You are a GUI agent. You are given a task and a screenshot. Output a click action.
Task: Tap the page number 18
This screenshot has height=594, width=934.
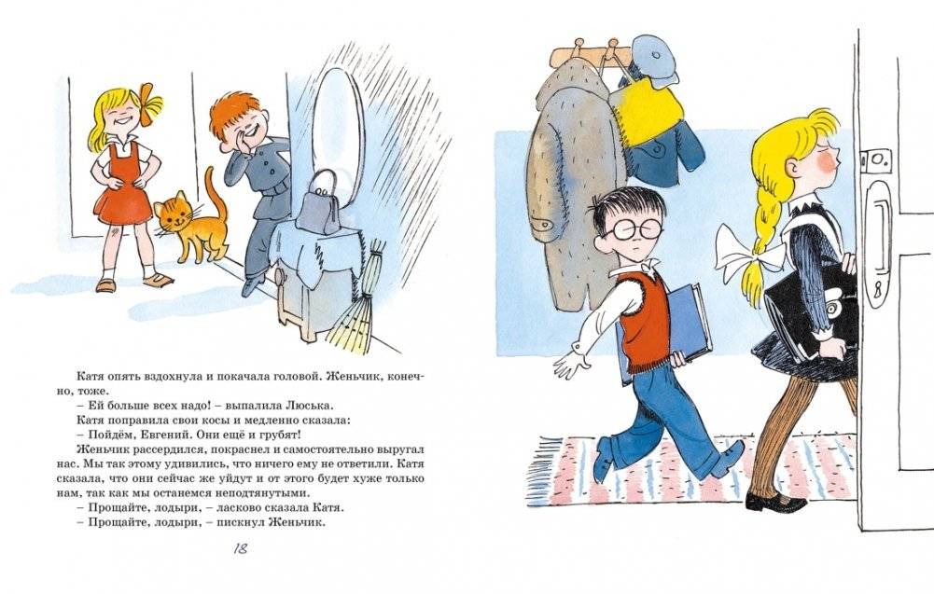click(x=240, y=548)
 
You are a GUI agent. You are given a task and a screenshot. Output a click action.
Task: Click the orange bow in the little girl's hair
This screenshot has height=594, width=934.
click(x=149, y=100)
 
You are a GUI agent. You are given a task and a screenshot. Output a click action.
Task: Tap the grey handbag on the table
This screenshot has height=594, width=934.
click(x=320, y=201)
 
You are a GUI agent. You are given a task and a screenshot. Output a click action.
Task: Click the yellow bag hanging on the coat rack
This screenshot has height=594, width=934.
click(x=643, y=117)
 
